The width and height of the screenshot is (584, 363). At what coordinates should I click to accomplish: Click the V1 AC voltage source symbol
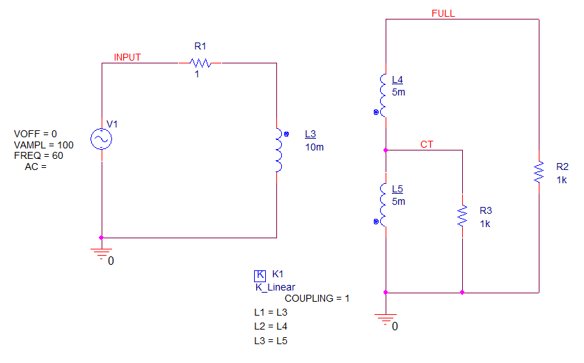pos(102,139)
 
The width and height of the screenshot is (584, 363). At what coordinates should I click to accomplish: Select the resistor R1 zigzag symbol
pos(200,63)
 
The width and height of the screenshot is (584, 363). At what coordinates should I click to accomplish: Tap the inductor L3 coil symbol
pos(279,150)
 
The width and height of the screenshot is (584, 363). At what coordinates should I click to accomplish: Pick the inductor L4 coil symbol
pos(383,95)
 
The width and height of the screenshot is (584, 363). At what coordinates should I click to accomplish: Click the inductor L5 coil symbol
pos(383,205)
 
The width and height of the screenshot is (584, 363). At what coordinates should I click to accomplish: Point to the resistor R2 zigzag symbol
pos(539,172)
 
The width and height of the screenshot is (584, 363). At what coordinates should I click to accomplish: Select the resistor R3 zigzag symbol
pos(462,216)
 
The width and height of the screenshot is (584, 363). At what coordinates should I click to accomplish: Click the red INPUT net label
pos(127,57)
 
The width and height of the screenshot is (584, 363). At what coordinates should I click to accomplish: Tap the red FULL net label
pos(443,13)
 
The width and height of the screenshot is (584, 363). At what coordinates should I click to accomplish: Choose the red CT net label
pos(427,145)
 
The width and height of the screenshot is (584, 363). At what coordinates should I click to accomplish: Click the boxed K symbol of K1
pos(260,275)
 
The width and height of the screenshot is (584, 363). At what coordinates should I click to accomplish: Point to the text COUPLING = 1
pos(317,298)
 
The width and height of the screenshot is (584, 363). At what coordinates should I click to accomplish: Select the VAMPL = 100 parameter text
pos(44,145)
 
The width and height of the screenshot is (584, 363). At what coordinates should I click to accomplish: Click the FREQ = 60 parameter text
pos(38,155)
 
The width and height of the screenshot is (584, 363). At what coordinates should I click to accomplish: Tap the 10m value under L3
pos(315,147)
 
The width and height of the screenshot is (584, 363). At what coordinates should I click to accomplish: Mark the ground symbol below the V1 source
pos(102,254)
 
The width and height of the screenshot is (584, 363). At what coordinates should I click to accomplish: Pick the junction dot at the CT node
pos(386,150)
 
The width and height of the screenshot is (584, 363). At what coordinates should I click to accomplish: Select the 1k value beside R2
pos(562,180)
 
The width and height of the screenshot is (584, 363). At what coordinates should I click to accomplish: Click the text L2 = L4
pos(271,327)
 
